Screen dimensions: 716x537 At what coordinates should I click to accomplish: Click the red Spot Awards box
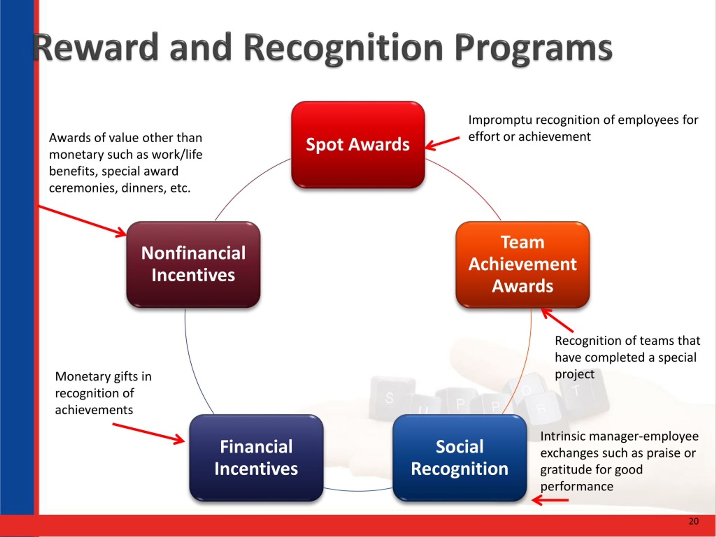click(358, 144)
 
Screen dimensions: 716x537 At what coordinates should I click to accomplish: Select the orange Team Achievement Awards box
click(523, 265)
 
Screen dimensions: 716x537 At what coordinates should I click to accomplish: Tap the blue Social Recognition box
click(460, 458)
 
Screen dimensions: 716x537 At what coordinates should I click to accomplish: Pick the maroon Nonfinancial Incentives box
click(193, 265)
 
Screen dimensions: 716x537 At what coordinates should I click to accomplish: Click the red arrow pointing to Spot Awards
click(442, 143)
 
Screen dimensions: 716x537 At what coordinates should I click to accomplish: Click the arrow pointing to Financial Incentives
click(149, 433)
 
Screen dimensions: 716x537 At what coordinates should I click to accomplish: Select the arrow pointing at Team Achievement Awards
click(557, 320)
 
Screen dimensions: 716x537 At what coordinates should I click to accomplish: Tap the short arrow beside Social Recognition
click(550, 500)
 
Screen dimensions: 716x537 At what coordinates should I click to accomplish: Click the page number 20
click(694, 521)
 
